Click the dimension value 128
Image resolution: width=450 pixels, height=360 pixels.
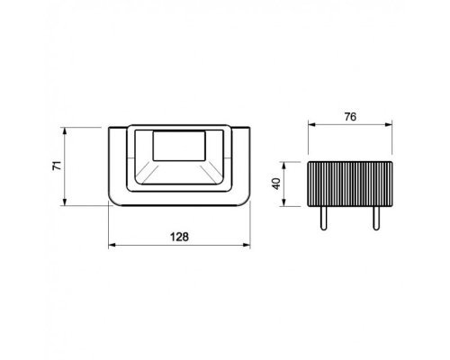click(179, 237)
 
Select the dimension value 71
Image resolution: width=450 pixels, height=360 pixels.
click(57, 166)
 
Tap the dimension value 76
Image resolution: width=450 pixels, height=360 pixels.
click(350, 117)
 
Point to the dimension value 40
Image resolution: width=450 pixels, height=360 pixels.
click(276, 184)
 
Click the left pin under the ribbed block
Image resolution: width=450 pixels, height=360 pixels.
click(324, 218)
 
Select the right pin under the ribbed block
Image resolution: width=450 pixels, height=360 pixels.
click(376, 218)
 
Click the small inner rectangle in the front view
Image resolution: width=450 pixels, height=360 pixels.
click(179, 146)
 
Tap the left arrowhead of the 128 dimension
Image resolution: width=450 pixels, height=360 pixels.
click(112, 245)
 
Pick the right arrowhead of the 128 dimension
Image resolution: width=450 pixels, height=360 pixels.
click(247, 245)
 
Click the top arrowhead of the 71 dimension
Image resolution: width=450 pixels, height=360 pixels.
click(65, 130)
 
